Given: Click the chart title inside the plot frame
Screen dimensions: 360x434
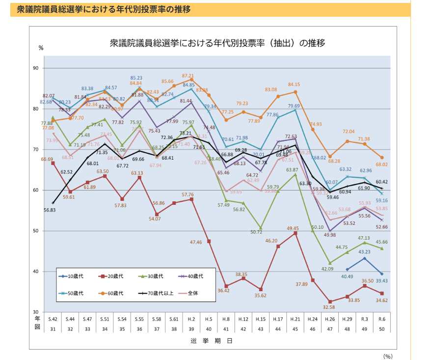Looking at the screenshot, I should (217, 43).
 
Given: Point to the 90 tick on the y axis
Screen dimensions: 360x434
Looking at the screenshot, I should (35, 68).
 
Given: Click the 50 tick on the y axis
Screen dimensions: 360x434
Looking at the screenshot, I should (35, 231).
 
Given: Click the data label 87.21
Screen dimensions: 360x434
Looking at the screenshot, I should (188, 76).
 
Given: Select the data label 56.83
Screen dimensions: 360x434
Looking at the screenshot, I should (50, 210).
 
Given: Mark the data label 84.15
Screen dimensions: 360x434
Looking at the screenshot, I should (294, 84).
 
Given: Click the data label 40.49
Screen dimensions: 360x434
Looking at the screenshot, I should (346, 277).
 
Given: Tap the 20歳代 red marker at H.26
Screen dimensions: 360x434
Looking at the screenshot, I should (330, 302).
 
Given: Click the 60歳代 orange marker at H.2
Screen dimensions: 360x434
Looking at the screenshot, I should (191, 80).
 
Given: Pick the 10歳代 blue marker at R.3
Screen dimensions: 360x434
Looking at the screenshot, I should (364, 258).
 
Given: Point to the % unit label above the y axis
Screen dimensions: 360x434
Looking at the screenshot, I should (41, 48).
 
